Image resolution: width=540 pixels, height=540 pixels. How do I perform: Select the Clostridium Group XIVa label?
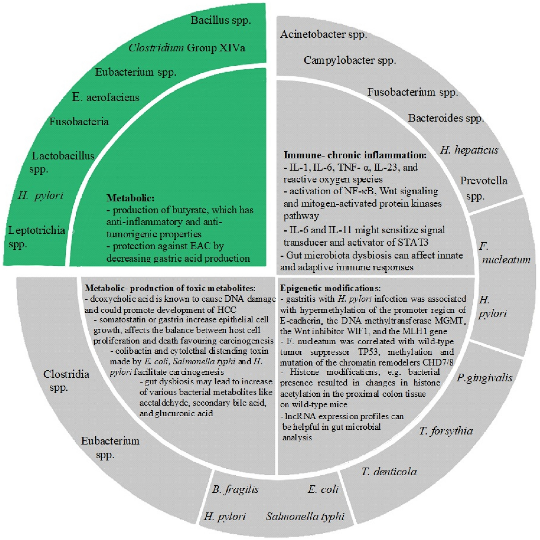coord(186,48)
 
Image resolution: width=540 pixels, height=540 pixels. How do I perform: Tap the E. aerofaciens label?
coord(106,97)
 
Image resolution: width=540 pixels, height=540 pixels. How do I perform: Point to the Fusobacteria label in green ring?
coord(79,122)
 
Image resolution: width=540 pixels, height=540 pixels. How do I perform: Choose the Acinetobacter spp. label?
coord(323,35)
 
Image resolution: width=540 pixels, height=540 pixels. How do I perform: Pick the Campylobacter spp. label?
coord(350,60)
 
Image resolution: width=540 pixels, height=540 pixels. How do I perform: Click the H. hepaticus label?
coord(469,150)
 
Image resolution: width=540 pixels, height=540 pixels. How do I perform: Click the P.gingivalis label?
coord(485,378)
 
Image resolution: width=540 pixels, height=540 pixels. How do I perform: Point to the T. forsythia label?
coord(446,431)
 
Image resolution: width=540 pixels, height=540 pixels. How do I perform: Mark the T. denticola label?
coord(389,472)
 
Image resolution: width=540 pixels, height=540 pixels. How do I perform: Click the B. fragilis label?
coord(235,497)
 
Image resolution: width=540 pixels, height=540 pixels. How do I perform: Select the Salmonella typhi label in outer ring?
coord(305,516)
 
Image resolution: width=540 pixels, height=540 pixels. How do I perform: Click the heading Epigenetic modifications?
coord(330,288)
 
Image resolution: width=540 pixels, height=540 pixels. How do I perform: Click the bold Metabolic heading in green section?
coord(130,198)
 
